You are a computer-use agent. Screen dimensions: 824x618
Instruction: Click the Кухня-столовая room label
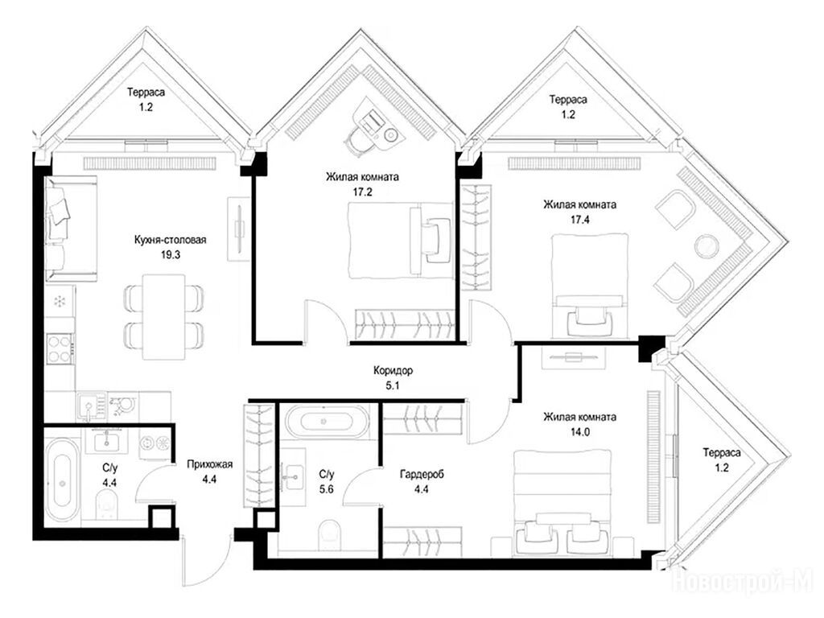(x=170, y=240)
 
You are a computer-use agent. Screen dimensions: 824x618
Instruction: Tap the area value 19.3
(x=171, y=255)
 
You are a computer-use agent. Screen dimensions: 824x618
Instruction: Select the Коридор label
(x=393, y=370)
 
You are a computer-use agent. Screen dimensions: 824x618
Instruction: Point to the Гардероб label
(x=422, y=475)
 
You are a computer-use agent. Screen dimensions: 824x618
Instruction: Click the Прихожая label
(x=209, y=464)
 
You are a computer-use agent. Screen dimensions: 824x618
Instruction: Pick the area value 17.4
(x=580, y=220)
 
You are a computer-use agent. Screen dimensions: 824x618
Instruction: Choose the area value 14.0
(x=580, y=432)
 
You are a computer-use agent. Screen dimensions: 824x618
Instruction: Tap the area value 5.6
(x=327, y=490)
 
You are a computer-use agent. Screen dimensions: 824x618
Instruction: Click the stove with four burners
(x=60, y=348)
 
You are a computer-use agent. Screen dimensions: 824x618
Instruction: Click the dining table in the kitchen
(x=164, y=317)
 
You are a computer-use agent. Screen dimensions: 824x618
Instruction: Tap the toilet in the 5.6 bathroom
(x=330, y=534)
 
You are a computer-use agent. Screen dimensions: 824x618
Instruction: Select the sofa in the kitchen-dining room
(x=71, y=229)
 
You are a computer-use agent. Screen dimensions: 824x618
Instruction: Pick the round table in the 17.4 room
(x=706, y=246)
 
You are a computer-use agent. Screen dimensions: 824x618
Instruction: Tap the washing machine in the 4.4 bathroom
(x=156, y=443)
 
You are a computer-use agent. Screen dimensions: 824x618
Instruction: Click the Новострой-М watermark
(x=743, y=582)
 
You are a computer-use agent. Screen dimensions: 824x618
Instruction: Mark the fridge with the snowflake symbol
(x=60, y=301)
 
